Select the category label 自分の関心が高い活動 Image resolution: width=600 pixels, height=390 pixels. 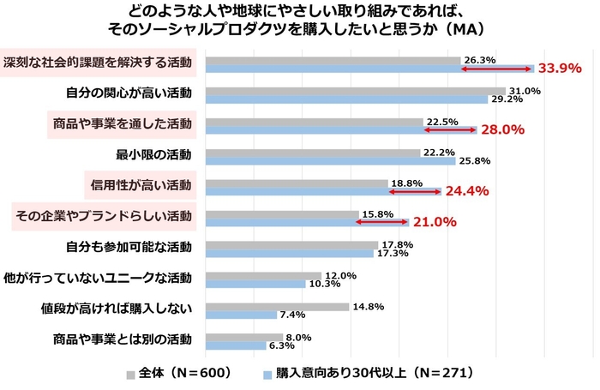coord(129,93)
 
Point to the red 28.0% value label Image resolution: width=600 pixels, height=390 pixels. coord(501,129)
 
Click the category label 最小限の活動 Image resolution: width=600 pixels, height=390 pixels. coord(153,155)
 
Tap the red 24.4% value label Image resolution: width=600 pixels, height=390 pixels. coord(466,191)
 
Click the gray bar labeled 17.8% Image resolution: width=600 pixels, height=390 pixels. coord(291,244)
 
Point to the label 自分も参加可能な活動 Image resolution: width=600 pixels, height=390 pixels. coord(129,247)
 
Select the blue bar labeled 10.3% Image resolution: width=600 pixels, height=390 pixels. coord(255,284)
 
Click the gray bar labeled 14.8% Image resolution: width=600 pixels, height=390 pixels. coord(278,306)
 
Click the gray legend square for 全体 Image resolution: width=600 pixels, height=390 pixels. coord(130,374)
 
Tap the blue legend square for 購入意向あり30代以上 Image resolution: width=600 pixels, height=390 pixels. coord(267,374)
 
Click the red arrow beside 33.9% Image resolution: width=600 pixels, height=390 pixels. coord(497,69)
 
